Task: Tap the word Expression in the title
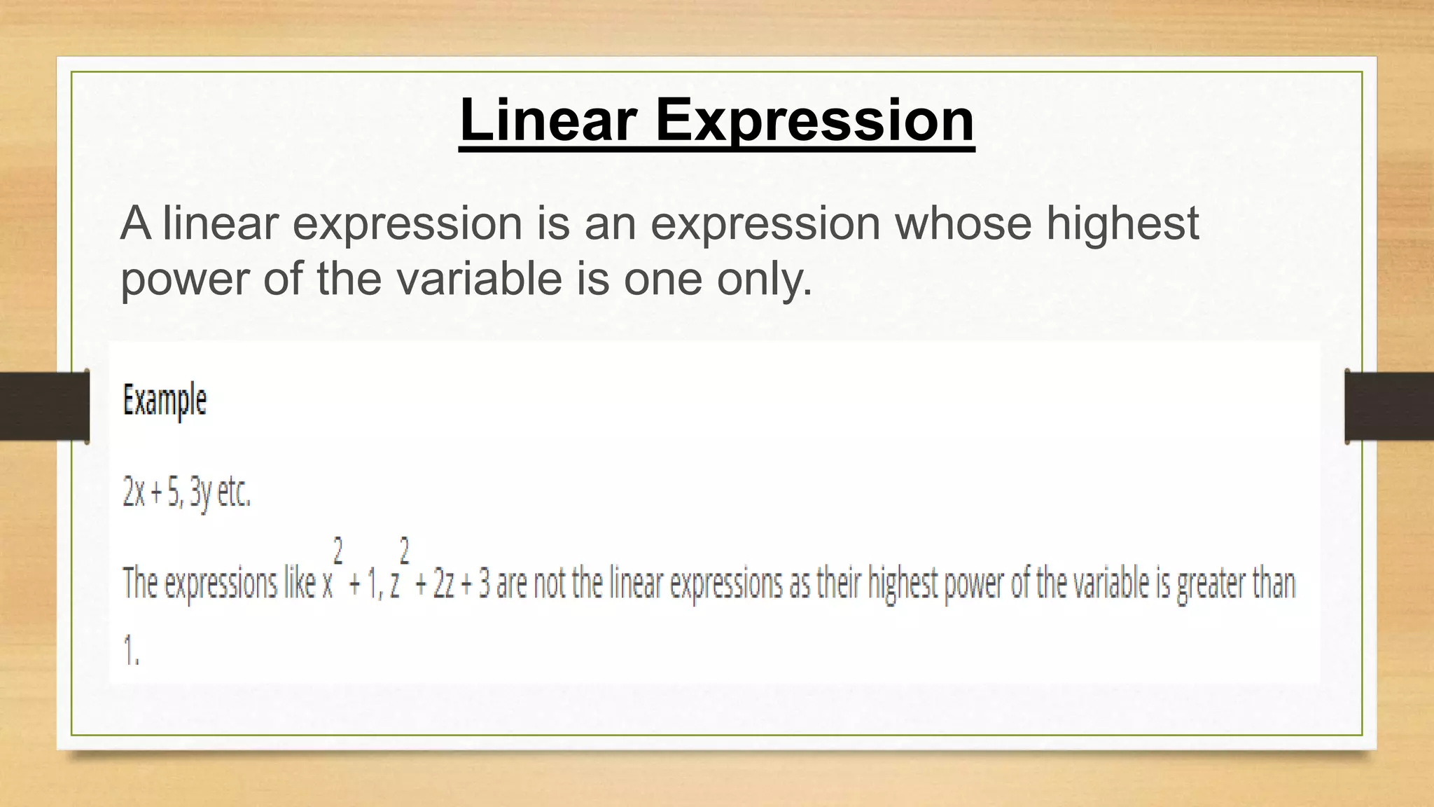pos(814,120)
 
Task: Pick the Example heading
pos(165,401)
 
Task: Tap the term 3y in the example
pos(201,493)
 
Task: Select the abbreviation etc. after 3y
pos(234,492)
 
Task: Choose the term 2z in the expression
pos(444,584)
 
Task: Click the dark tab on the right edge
pos(1389,406)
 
